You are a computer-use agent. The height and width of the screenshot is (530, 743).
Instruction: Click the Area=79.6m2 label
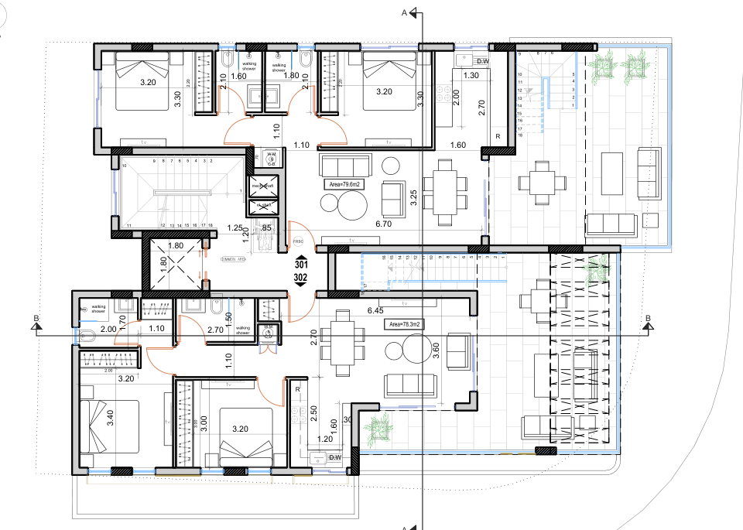345,185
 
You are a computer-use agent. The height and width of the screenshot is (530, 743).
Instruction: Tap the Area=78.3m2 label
405,325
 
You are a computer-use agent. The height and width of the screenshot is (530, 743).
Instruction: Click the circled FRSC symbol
299,242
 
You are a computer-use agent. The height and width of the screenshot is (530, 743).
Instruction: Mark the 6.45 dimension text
375,311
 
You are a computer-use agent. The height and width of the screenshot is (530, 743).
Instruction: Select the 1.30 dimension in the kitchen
471,76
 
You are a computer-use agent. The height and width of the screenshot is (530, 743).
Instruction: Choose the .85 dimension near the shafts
266,228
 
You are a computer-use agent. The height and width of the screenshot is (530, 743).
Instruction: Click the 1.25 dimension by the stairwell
237,228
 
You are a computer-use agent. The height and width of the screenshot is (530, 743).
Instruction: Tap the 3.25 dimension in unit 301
414,197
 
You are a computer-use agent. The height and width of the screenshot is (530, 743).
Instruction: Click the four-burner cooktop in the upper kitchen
445,94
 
